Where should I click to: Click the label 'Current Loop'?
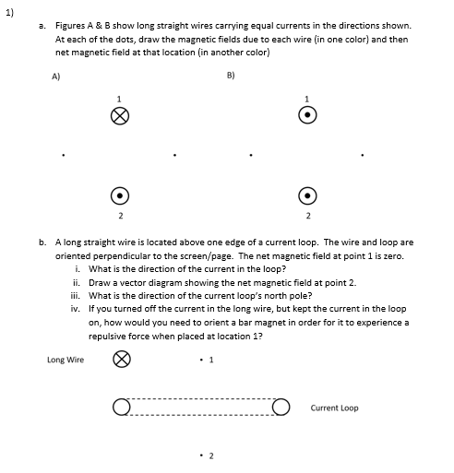click(x=334, y=408)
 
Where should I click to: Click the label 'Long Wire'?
click(x=66, y=360)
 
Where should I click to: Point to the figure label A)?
click(x=56, y=77)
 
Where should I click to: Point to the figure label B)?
click(x=231, y=76)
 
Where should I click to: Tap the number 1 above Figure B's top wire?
click(x=306, y=99)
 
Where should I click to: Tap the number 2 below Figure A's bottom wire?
click(x=121, y=216)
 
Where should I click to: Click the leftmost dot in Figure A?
click(x=64, y=155)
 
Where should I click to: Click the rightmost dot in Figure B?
click(x=363, y=155)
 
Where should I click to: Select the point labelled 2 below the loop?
click(x=201, y=455)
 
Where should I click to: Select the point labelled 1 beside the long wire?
click(x=201, y=360)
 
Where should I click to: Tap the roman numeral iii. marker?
click(x=76, y=296)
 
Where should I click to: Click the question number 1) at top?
click(x=9, y=13)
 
